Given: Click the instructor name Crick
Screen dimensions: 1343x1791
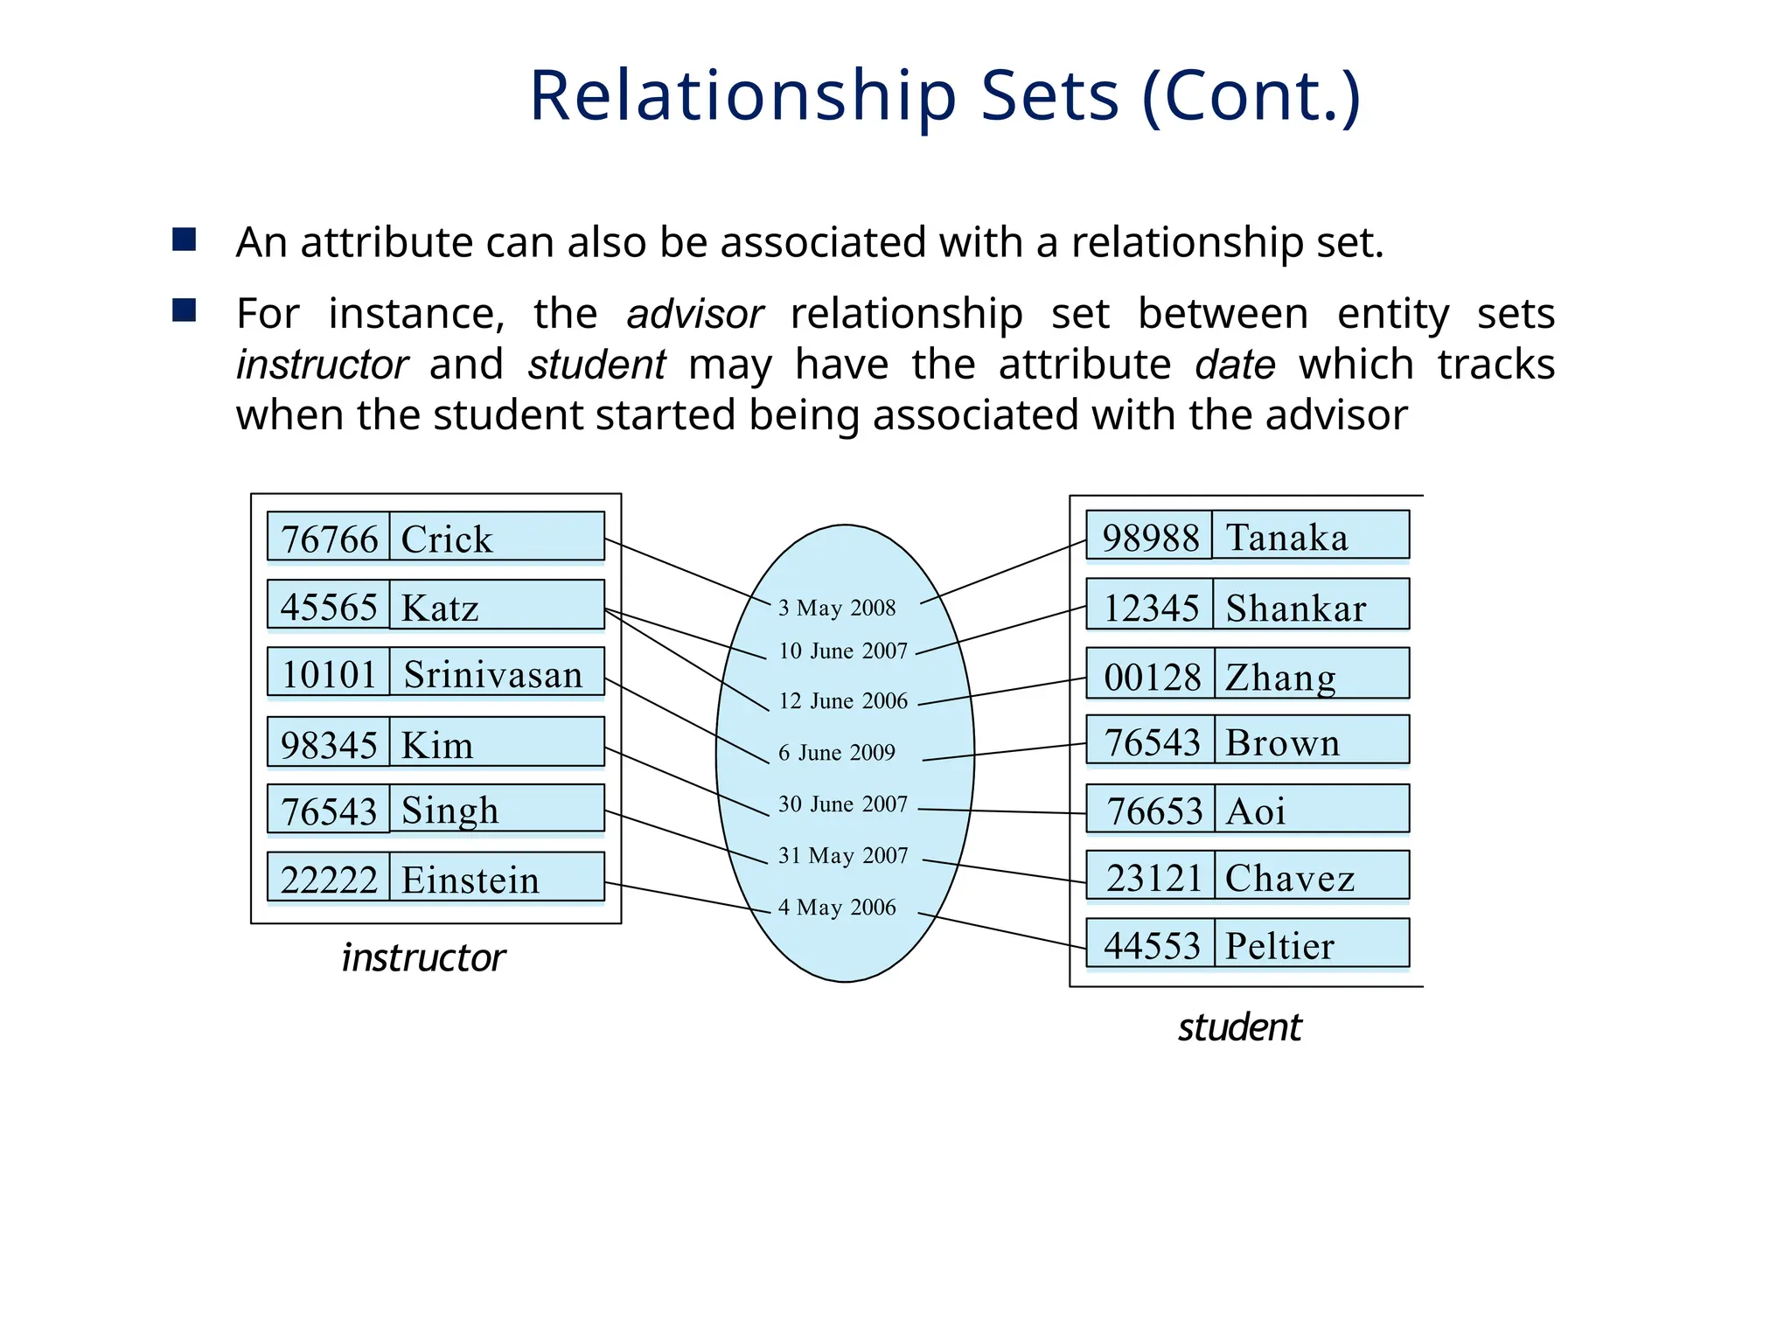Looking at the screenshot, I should (446, 539).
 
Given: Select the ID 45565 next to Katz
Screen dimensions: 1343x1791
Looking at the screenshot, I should (329, 607).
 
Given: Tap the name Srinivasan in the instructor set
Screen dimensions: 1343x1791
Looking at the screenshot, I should (492, 674).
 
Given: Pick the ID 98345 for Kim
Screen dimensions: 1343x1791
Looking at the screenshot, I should (329, 745).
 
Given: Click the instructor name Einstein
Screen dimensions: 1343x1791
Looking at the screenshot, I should (470, 880).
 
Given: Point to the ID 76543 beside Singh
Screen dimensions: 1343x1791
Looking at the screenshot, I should (329, 811).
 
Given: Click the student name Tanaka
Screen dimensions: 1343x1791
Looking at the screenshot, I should (1286, 537).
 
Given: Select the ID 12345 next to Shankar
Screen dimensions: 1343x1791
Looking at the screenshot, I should (1151, 608).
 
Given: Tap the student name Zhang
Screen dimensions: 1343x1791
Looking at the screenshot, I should (1280, 678).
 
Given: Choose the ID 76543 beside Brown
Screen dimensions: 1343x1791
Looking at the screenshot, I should (1152, 742).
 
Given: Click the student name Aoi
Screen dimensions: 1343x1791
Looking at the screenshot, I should (1255, 811).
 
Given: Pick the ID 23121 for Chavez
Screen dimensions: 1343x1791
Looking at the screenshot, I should (1153, 878).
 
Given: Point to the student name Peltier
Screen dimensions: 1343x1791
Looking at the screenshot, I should (1279, 946).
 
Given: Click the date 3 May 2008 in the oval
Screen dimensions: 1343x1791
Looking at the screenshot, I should (837, 608).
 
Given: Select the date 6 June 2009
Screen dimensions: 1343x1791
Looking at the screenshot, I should (837, 753).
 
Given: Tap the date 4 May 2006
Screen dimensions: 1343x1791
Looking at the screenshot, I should (837, 908).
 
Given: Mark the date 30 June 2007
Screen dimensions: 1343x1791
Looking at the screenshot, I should (843, 804).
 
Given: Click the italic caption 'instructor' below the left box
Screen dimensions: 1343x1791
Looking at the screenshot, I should (423, 958).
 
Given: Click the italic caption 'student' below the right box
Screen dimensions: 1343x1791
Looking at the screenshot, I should (1239, 1027).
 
